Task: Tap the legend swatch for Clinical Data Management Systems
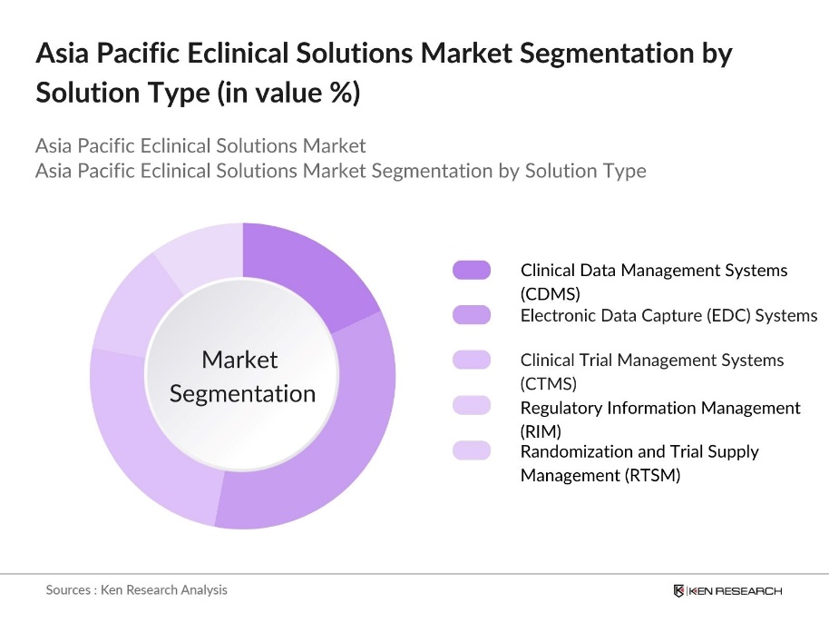coord(471,270)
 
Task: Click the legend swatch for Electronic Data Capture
coord(471,315)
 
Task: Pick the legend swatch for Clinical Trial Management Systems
coord(471,360)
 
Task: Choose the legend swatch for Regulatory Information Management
coord(471,405)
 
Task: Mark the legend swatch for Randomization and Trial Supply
coord(471,450)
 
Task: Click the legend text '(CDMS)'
coord(550,293)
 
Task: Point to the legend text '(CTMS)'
coord(549,383)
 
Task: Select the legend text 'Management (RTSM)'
coord(600,474)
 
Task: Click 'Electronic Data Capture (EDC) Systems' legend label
coord(668,315)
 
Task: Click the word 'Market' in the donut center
coord(239,360)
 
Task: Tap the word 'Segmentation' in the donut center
coord(242,393)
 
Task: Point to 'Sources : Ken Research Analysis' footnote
coord(136,589)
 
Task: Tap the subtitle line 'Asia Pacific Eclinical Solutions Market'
coord(200,145)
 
